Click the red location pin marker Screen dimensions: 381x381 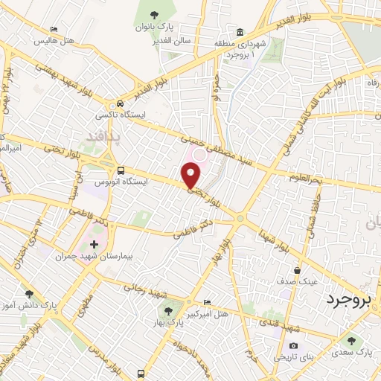pos(191,175)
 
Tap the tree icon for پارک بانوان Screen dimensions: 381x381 pos(155,16)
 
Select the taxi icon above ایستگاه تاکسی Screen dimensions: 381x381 pos(121,103)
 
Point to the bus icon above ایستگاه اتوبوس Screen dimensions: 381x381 pos(121,170)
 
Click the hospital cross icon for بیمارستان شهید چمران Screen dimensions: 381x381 pos(94,243)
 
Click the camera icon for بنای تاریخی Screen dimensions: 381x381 pos(293,346)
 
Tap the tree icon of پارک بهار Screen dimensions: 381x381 pos(165,310)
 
